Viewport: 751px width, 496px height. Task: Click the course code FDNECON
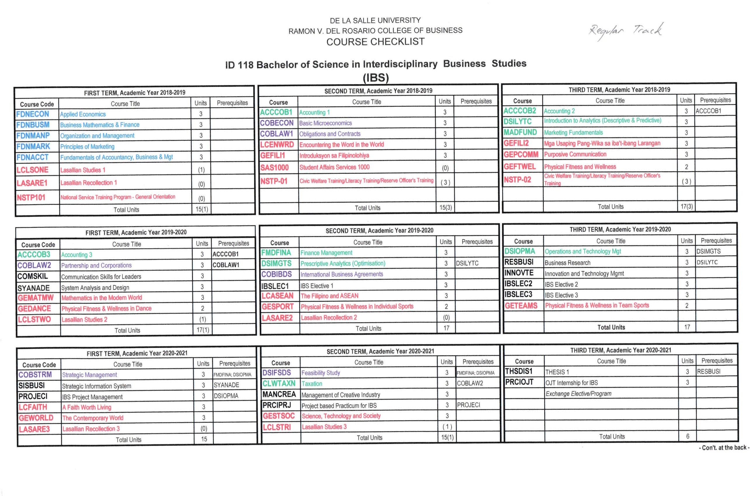pos(33,114)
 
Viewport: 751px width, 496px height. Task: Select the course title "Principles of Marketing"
pos(87,146)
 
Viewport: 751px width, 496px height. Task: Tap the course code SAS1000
pos(274,168)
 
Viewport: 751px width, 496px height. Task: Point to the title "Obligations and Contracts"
pos(330,134)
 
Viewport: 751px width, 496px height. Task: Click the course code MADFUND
pos(520,132)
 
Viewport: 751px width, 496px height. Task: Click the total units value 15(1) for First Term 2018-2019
pos(202,209)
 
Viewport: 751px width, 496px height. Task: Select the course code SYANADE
pos(34,288)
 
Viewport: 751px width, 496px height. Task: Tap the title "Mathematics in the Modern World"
pos(102,298)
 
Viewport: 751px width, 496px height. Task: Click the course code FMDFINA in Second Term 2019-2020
pos(276,253)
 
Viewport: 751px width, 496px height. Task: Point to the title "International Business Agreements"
pos(342,274)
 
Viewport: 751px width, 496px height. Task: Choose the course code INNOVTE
pos(519,273)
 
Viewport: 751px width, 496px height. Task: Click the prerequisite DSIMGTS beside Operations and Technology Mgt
pos(709,252)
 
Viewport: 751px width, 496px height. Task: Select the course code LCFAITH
pos(33,407)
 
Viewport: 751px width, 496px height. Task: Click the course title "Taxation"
pos(312,384)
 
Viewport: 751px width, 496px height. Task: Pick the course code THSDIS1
pos(519,371)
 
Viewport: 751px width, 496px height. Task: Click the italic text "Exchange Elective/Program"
pos(578,394)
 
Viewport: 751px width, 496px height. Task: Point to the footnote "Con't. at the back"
pos(724,448)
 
